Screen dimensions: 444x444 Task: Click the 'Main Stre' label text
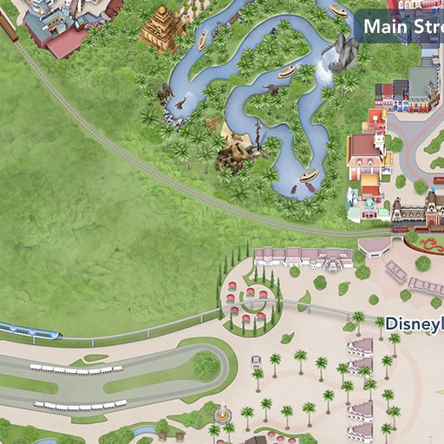(x=402, y=26)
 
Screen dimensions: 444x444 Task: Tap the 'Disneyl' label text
(x=414, y=323)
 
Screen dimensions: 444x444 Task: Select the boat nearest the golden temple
(x=202, y=40)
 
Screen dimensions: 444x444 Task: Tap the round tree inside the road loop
(x=206, y=365)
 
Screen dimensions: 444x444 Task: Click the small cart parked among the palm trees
(x=256, y=361)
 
